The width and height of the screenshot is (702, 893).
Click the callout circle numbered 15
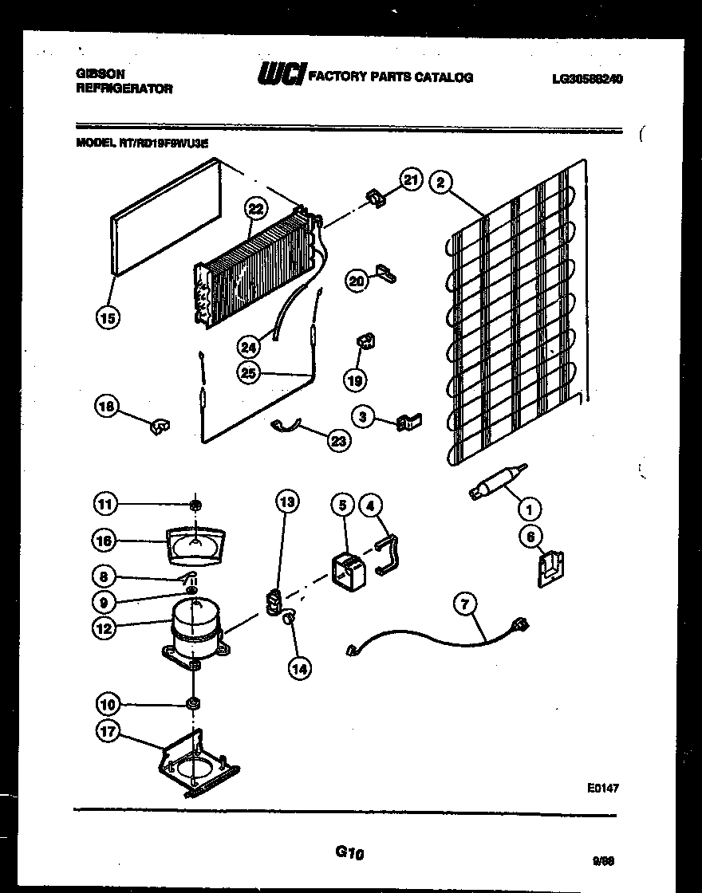tap(108, 319)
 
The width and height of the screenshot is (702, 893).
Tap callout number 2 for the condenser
tap(439, 182)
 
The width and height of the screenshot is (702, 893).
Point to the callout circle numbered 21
tap(409, 179)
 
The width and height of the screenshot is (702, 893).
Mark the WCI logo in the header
tap(281, 76)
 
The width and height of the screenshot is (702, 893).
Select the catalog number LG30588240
tap(587, 79)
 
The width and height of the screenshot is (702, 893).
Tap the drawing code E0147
tap(603, 787)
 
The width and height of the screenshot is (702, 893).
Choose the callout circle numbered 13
tap(287, 502)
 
